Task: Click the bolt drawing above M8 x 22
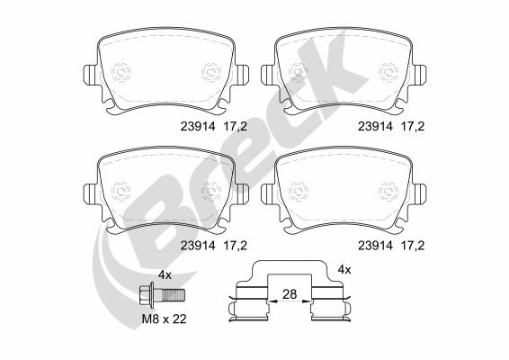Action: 163,294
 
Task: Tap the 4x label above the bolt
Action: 165,273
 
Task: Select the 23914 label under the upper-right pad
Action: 375,126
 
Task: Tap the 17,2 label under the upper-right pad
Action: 413,126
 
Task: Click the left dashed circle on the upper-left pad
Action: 123,70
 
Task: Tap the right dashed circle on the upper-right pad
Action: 389,70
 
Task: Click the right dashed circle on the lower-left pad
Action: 212,190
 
